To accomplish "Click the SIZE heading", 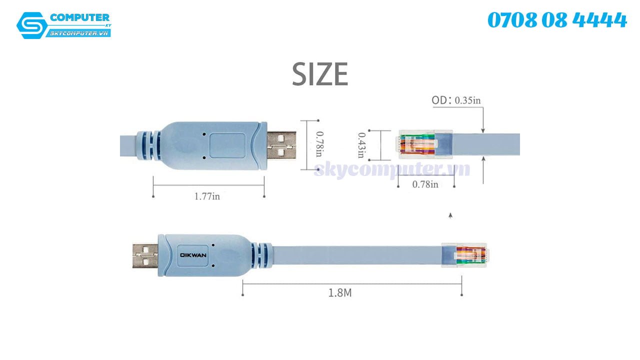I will (320, 74).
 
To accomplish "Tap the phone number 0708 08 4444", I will (557, 20).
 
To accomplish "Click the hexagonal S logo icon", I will (32, 25).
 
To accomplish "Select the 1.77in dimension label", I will (207, 196).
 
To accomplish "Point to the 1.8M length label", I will (340, 293).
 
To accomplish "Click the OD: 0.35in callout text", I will (456, 100).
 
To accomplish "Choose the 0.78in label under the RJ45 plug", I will (425, 184).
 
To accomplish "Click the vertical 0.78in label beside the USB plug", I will (318, 144).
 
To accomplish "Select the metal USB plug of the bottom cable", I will (145, 255).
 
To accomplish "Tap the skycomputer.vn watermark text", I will (392, 169).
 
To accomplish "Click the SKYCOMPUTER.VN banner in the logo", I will (79, 33).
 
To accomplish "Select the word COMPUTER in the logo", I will (79, 18).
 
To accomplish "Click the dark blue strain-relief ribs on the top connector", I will (150, 144).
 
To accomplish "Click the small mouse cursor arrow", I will (450, 215).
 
